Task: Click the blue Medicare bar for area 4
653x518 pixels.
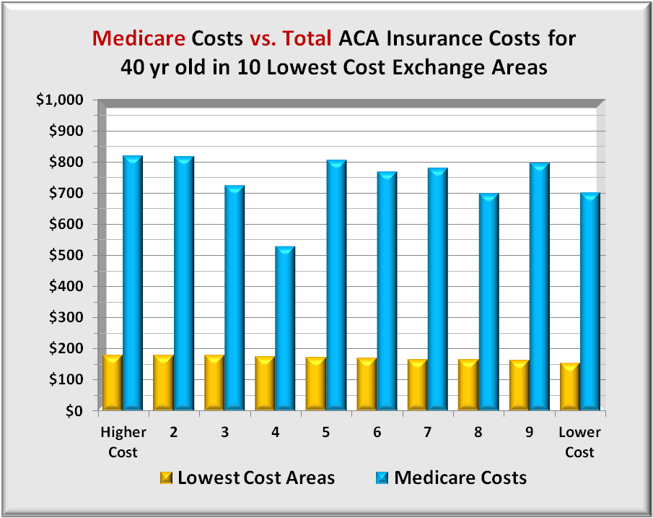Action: pyautogui.click(x=284, y=329)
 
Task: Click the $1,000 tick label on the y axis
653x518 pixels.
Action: pyautogui.click(x=60, y=100)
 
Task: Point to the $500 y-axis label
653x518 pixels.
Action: pyautogui.click(x=66, y=256)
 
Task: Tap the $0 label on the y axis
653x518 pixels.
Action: pyautogui.click(x=74, y=411)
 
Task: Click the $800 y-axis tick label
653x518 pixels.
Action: pyautogui.click(x=66, y=163)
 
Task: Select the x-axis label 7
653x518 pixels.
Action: pyautogui.click(x=428, y=433)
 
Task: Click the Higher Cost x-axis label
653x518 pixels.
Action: pyautogui.click(x=123, y=442)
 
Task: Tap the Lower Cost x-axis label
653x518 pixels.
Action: pyautogui.click(x=579, y=442)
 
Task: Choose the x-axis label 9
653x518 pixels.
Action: pyautogui.click(x=528, y=433)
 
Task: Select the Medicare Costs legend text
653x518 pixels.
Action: pyautogui.click(x=460, y=478)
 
